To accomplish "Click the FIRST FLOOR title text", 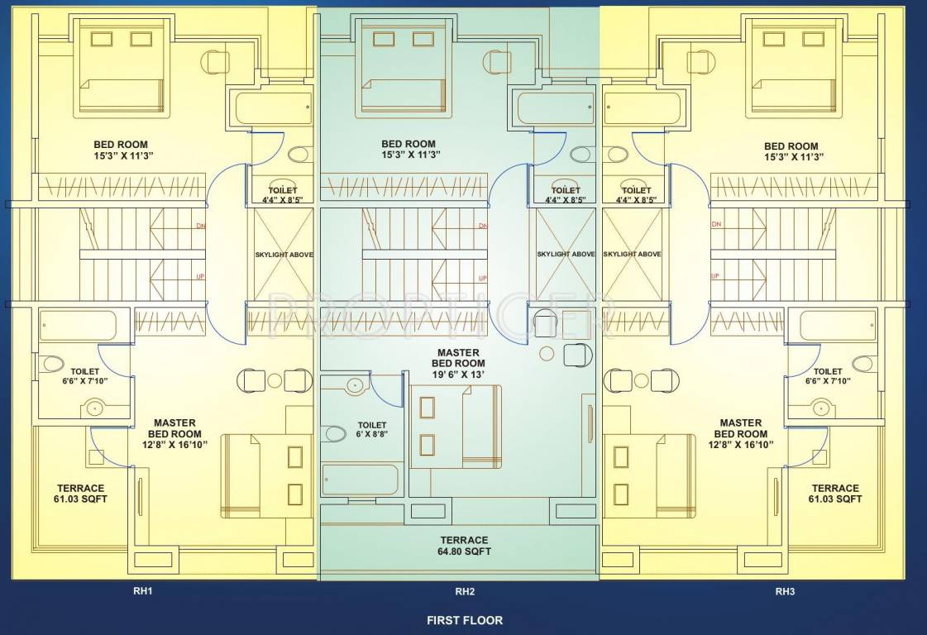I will [x=464, y=620].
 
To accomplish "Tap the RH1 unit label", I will [x=143, y=591].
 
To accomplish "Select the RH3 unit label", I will [x=784, y=591].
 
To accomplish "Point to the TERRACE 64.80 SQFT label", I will [x=464, y=546].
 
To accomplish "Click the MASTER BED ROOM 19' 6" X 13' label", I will [x=458, y=363].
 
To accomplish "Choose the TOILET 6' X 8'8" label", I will [x=372, y=429].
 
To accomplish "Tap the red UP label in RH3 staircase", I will [x=715, y=276].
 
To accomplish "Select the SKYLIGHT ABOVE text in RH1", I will [x=284, y=255].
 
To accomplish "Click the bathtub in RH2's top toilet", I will [x=556, y=108].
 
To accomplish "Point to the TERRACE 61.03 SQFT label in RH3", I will [x=834, y=494].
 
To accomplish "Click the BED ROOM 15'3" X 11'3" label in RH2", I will [x=409, y=149].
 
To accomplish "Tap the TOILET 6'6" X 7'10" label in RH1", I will [x=85, y=376].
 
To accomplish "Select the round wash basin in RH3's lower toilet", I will [x=821, y=407].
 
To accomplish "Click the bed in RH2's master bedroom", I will [x=456, y=426].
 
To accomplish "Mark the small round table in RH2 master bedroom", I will [x=547, y=354].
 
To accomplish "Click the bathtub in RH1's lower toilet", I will [x=84, y=327].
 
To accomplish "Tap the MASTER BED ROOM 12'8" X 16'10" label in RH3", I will [x=740, y=433].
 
